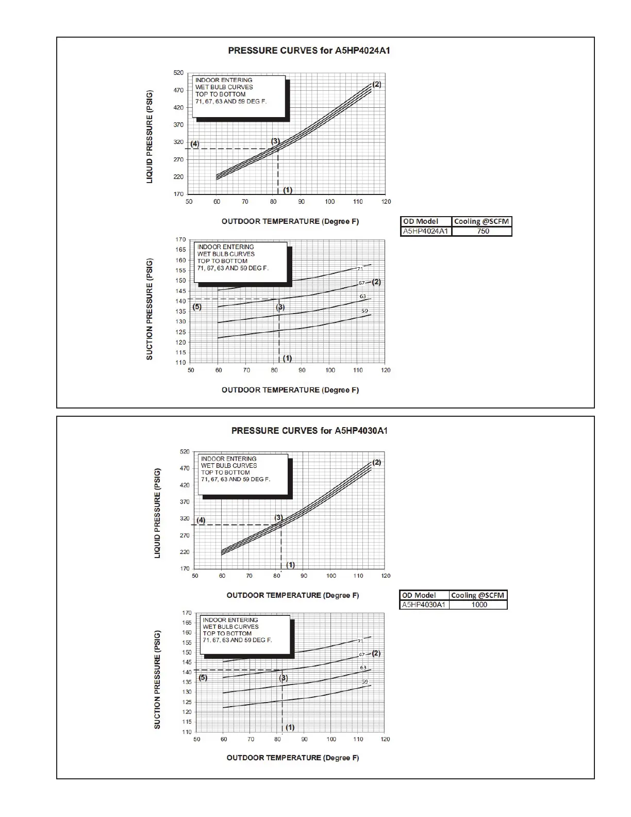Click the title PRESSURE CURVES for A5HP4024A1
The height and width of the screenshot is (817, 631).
pos(309,51)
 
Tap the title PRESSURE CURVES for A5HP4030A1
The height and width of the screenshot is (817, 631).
pos(309,430)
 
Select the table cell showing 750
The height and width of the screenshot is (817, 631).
pos(483,231)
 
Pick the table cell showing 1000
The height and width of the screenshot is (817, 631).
pos(479,604)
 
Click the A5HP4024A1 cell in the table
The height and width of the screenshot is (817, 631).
pos(425,231)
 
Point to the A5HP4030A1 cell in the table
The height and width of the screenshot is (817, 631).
pos(423,604)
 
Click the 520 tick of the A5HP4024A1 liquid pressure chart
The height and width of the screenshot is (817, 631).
pos(178,73)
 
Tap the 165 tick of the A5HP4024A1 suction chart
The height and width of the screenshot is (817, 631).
pos(180,250)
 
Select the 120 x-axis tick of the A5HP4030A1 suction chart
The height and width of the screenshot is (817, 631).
pos(385,739)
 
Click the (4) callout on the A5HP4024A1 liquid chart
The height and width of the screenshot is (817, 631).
pos(194,144)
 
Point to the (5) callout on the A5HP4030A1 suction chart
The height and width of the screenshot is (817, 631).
pos(203,677)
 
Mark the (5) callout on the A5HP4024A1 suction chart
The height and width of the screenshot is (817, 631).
pos(197,306)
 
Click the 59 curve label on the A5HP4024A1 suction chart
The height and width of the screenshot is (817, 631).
pos(364,311)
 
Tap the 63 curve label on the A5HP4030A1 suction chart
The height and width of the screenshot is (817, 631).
pos(363,667)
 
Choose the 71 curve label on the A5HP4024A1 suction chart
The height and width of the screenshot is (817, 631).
pos(360,268)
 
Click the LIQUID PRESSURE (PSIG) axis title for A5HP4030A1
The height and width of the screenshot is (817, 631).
pos(158,513)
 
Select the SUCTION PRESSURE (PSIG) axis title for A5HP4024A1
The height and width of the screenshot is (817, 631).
pos(150,309)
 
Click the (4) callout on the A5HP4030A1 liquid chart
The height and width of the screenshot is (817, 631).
pos(201,520)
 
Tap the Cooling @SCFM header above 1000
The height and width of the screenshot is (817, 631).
pos(478,595)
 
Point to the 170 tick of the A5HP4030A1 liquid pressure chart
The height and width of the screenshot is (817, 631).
pos(185,568)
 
